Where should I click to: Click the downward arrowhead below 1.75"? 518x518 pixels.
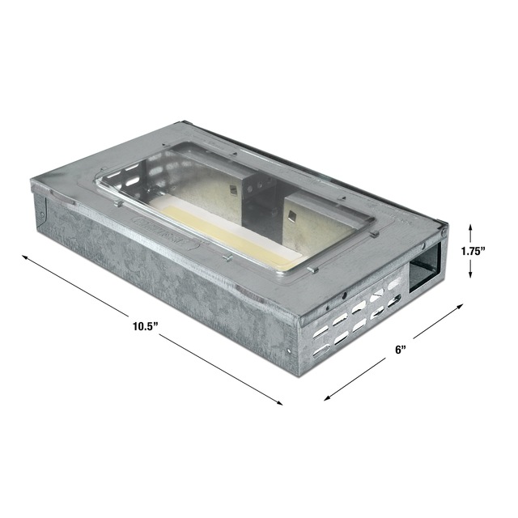point(472,274)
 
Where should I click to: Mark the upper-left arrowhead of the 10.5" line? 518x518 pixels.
point(25,257)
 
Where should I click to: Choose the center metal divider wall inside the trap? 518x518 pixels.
point(258,197)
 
